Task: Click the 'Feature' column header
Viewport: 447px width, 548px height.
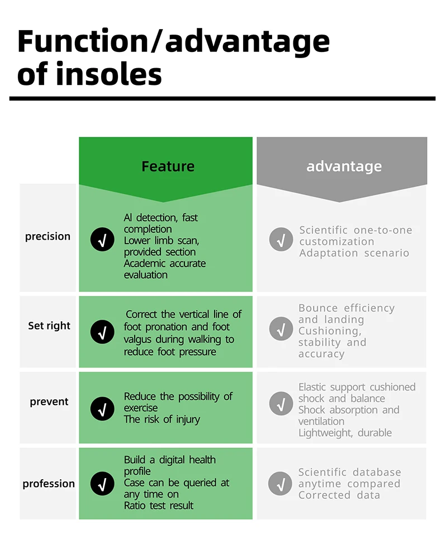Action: pyautogui.click(x=168, y=166)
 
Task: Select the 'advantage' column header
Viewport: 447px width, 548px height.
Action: pyautogui.click(x=344, y=166)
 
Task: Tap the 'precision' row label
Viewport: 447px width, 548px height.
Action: pyautogui.click(x=48, y=236)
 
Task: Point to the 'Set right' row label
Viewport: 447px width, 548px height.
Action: pyautogui.click(x=49, y=326)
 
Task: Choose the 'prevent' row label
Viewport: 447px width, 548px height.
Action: pyautogui.click(x=49, y=402)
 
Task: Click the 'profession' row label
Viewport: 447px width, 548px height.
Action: pyautogui.click(x=49, y=484)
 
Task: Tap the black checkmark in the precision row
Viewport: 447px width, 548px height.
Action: pyautogui.click(x=102, y=240)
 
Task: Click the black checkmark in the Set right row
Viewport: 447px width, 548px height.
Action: pyautogui.click(x=102, y=331)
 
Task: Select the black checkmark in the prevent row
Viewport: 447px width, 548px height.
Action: pyautogui.click(x=102, y=408)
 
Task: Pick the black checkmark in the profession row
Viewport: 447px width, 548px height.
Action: pyautogui.click(x=102, y=484)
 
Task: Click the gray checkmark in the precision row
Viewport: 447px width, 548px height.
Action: pyautogui.click(x=280, y=240)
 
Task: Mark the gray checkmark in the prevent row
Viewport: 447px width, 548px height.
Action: pyautogui.click(x=280, y=404)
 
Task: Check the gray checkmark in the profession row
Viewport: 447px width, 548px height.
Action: pyautogui.click(x=280, y=484)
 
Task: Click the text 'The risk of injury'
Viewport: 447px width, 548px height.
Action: pyautogui.click(x=161, y=420)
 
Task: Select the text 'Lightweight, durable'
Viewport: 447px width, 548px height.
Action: pyautogui.click(x=345, y=433)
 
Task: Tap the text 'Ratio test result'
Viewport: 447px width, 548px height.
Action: pyautogui.click(x=159, y=506)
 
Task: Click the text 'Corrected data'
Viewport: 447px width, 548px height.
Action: pyautogui.click(x=339, y=495)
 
